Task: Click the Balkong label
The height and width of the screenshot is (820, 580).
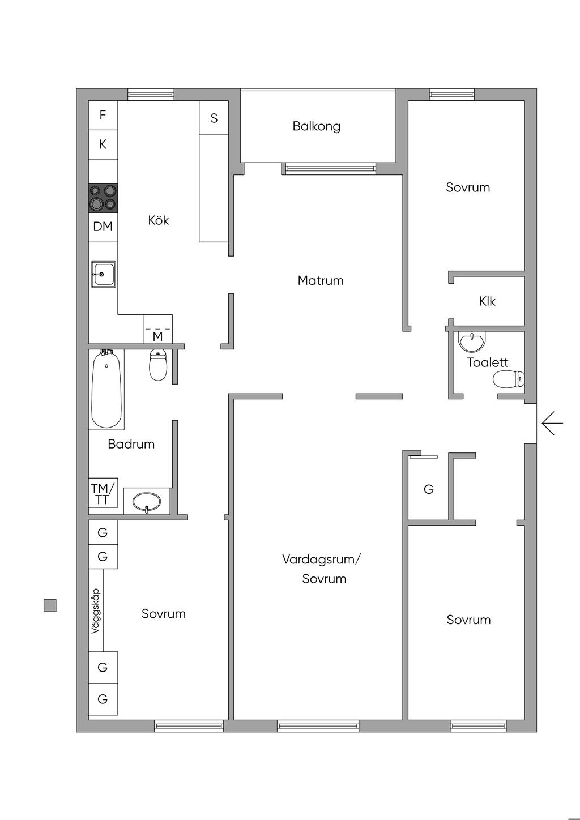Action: click(317, 126)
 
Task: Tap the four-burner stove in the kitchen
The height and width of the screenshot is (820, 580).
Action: click(103, 198)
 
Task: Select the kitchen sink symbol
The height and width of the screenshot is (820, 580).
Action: click(104, 274)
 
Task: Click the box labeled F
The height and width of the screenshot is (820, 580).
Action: click(103, 115)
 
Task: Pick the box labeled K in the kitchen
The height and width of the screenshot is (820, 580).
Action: click(103, 144)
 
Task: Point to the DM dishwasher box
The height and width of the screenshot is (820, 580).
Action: click(103, 227)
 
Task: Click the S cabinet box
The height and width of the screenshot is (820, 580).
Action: click(214, 118)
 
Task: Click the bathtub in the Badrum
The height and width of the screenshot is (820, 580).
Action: click(106, 389)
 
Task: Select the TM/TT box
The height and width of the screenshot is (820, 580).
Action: click(103, 493)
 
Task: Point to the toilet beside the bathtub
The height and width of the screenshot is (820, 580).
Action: click(158, 366)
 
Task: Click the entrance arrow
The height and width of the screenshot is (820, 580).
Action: click(552, 423)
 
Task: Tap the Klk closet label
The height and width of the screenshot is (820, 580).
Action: click(487, 301)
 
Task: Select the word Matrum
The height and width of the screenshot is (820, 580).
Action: click(321, 280)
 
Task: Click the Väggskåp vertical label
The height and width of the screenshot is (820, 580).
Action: click(96, 610)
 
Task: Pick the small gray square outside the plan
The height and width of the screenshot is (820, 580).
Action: click(50, 605)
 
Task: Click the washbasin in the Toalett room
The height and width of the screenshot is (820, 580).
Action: click(472, 341)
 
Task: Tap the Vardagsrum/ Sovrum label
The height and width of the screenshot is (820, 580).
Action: click(322, 569)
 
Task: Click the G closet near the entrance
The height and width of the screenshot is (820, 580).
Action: click(429, 489)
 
